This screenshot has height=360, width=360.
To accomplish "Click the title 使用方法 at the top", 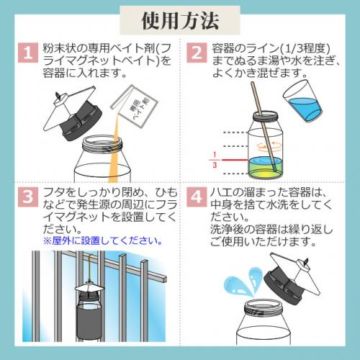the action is pyautogui.click(x=180, y=21).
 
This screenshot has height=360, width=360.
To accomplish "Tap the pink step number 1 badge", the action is pyautogui.click(x=28, y=53).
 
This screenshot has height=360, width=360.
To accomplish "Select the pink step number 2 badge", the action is pyautogui.click(x=197, y=53).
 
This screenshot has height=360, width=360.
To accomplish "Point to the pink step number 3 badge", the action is pyautogui.click(x=28, y=197).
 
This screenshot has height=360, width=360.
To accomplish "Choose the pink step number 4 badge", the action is pyautogui.click(x=197, y=197).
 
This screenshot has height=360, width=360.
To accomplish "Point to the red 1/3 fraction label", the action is pyautogui.click(x=215, y=160).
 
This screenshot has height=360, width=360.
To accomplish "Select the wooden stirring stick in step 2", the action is pyautogui.click(x=264, y=127).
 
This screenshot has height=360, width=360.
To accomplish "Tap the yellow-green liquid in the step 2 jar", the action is pyautogui.click(x=265, y=168).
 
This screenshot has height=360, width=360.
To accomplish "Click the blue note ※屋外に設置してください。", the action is pyautogui.click(x=103, y=240).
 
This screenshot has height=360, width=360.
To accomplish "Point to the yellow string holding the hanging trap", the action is pyautogui.click(x=90, y=268).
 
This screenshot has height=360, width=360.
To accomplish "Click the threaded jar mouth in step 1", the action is pyautogui.click(x=102, y=144).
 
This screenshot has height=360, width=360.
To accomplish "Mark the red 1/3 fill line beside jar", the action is pyautogui.click(x=235, y=160).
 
